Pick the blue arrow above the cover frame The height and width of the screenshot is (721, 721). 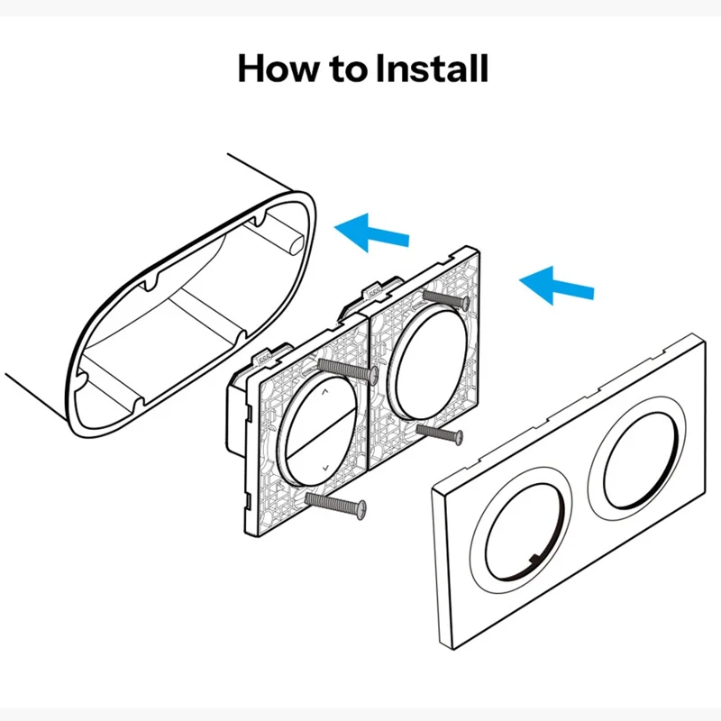(x=557, y=283)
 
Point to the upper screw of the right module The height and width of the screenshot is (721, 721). (x=445, y=298)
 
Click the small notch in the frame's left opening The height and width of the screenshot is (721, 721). (x=534, y=561)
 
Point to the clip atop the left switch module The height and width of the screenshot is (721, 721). (x=269, y=354)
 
